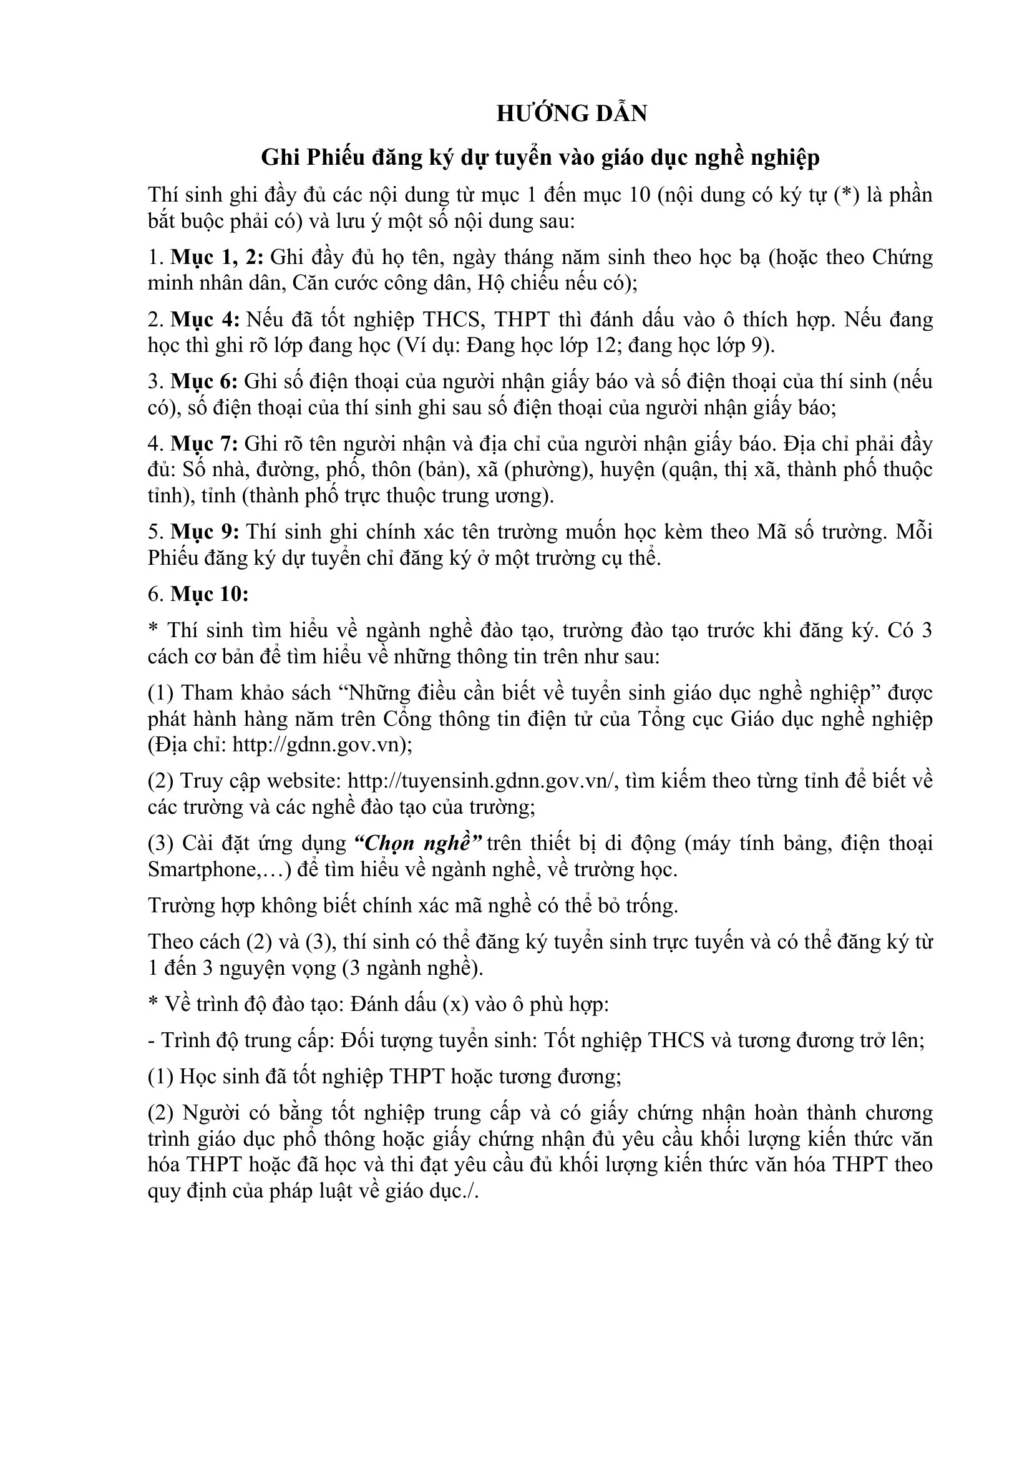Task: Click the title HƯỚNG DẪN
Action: tap(572, 113)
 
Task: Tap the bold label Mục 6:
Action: tap(205, 381)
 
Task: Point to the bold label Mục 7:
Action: tap(205, 443)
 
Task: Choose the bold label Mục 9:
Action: tap(205, 531)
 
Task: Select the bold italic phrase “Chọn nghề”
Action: tap(417, 843)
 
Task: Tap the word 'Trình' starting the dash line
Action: tap(188, 1040)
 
